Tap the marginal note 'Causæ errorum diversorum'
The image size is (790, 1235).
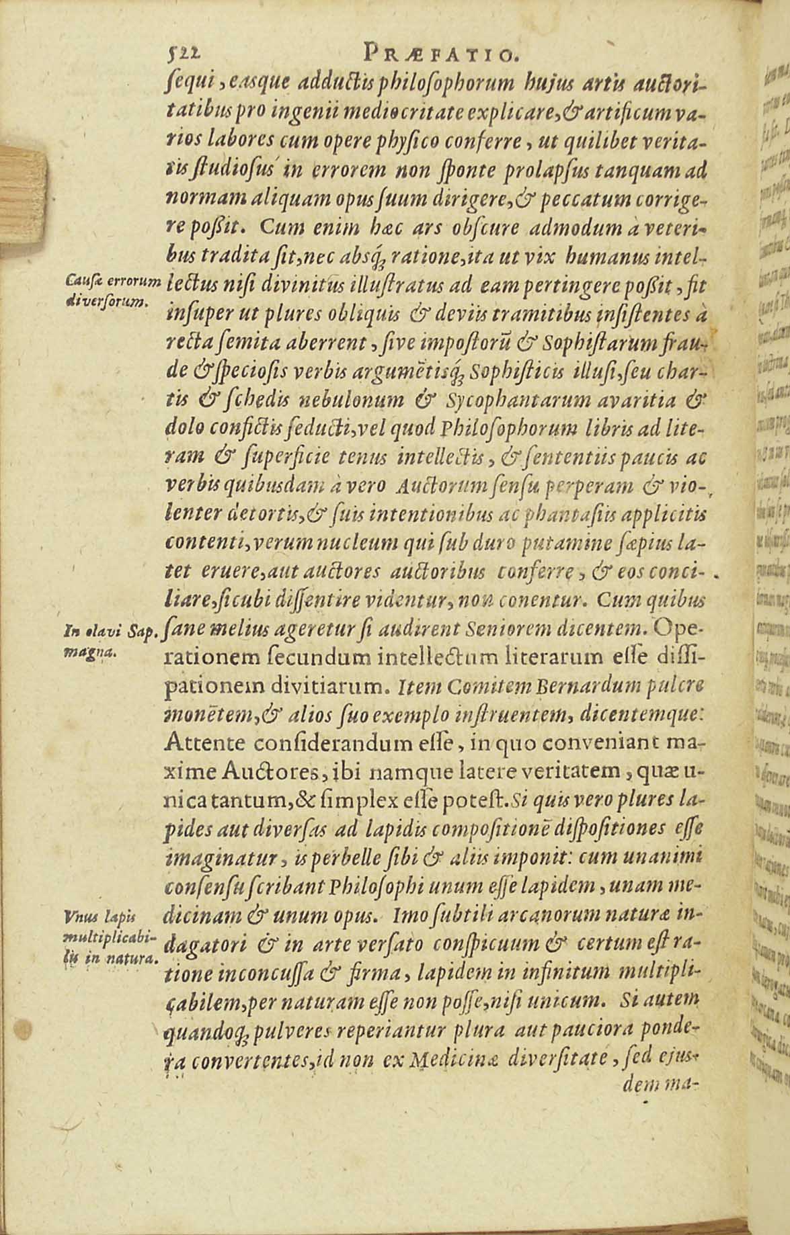[x=113, y=290]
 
